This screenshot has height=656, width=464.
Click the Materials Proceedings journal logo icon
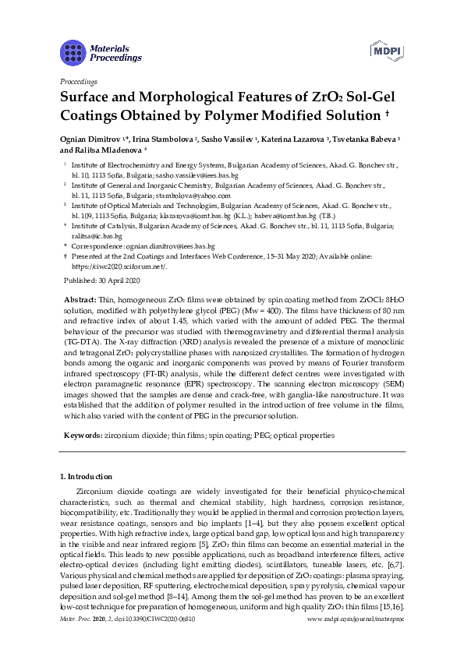[x=73, y=52]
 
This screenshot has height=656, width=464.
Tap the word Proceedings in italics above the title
[x=78, y=80]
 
